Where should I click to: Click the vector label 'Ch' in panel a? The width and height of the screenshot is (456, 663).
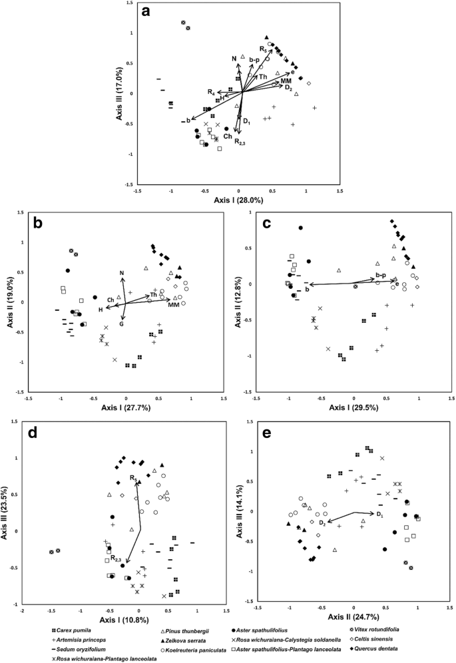tap(227, 136)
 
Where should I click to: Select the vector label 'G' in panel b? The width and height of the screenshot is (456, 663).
tap(122, 324)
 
